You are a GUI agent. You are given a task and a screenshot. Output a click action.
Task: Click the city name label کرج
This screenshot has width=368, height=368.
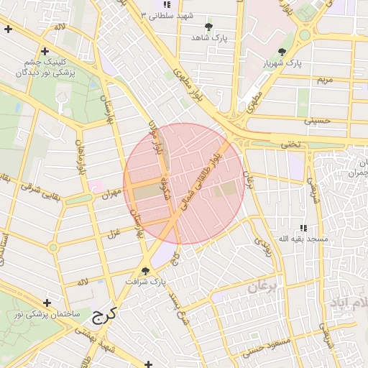[x=104, y=316]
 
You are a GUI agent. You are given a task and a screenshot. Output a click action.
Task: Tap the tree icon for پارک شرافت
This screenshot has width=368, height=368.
[x=146, y=271]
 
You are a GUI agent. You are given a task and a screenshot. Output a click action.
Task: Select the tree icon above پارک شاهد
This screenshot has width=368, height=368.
[x=208, y=26]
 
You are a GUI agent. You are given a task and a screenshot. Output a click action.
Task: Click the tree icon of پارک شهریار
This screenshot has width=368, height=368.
[x=282, y=52]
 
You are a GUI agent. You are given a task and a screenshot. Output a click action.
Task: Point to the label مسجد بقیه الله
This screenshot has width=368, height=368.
[x=303, y=238]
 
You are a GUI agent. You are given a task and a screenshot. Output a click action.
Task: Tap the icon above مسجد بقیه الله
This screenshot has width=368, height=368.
[x=313, y=227]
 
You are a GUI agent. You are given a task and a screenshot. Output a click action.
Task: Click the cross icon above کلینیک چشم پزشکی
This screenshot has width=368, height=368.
[x=45, y=51]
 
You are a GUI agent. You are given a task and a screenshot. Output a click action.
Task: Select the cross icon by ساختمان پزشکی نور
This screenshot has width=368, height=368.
[x=47, y=303]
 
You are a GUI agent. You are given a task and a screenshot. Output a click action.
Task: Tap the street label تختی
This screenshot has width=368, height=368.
[x=311, y=144]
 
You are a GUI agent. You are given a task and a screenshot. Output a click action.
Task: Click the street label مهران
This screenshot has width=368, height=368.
[x=113, y=193]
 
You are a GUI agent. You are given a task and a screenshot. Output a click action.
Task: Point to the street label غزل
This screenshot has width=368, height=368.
[x=114, y=233]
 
